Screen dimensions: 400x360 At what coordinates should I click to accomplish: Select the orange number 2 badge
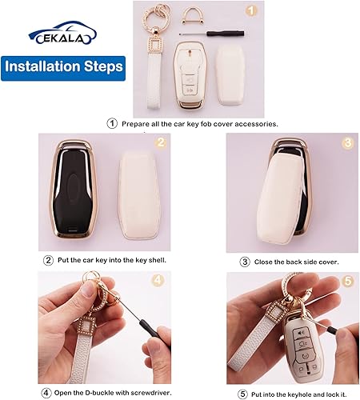(x=159, y=144)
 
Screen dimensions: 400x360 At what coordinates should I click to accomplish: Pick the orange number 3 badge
(x=325, y=144)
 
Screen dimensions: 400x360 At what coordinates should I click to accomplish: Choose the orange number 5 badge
(x=325, y=282)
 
